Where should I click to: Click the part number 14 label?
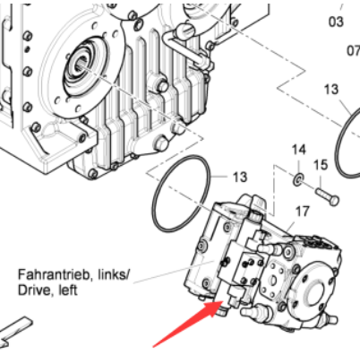point(299,149)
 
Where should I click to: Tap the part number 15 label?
point(321,165)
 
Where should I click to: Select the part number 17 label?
point(302,212)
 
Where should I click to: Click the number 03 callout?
point(336,22)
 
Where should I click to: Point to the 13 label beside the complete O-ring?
point(240,177)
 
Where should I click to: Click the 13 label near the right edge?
point(331,89)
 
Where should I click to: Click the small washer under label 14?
point(298,180)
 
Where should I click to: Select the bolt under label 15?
point(327,195)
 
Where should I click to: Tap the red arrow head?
point(214,308)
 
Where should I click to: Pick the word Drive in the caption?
point(33,290)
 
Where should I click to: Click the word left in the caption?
point(68,290)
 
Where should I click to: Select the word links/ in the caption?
point(112,275)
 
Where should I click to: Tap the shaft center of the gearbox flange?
point(81,68)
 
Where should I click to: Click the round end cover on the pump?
point(312,286)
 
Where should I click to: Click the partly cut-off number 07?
point(354,50)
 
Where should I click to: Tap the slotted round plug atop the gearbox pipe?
point(185,29)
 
